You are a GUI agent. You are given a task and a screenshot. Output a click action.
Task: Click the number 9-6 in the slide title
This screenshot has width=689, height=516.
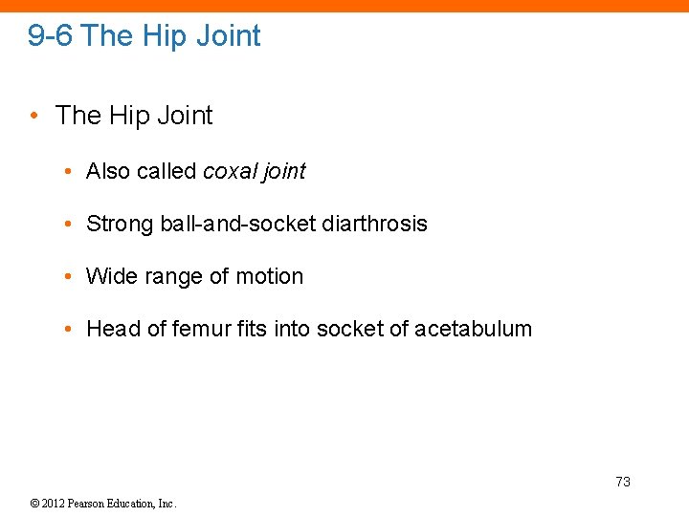pyautogui.click(x=51, y=36)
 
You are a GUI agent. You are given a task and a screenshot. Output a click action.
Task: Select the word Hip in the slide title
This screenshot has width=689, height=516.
pyautogui.click(x=165, y=36)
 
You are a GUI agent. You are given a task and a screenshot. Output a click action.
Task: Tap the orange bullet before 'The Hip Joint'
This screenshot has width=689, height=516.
pyautogui.click(x=34, y=116)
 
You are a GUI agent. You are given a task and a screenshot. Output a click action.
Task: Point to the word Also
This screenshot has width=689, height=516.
pyautogui.click(x=108, y=171)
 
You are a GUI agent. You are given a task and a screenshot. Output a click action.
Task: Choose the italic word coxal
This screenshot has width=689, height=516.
pyautogui.click(x=228, y=171)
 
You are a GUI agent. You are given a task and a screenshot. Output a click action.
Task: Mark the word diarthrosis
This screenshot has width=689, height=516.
pyautogui.click(x=375, y=224)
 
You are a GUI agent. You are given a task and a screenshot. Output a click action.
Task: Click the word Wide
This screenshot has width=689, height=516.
pyautogui.click(x=107, y=276)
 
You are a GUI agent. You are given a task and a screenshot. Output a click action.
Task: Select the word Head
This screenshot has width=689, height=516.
pyautogui.click(x=112, y=329)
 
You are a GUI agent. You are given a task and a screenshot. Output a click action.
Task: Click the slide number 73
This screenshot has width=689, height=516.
pyautogui.click(x=623, y=482)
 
